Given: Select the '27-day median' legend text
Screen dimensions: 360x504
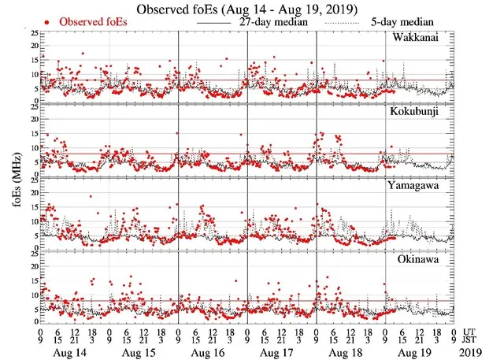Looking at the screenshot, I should click(272, 23).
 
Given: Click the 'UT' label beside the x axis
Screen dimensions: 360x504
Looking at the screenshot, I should click(470, 332).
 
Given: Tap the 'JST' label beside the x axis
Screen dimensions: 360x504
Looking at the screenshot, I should click(471, 340).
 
